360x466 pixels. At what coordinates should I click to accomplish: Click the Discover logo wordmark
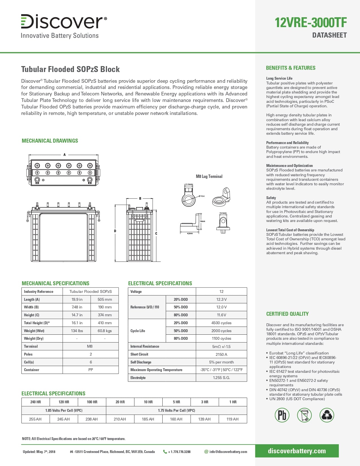coord(64,21)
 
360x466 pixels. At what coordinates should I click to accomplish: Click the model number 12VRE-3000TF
coord(311,23)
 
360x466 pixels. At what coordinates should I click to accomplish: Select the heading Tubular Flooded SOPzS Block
coord(70,69)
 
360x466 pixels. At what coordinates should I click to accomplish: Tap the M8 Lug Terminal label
coord(209,177)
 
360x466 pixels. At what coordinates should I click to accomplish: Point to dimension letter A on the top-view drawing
coord(64,155)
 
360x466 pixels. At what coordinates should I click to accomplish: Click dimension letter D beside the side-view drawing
coord(115,231)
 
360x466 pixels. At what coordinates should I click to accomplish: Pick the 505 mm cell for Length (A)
coord(104,299)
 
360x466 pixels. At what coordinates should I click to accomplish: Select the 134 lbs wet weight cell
coord(77,331)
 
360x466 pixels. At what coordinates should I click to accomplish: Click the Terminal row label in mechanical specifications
coord(31,346)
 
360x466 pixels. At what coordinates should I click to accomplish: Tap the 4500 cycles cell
coord(221,323)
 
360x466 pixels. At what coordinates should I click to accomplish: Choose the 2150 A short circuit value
coord(221,354)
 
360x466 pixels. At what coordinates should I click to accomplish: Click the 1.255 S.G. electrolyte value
coord(221,378)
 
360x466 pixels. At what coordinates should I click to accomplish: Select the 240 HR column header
coord(36,402)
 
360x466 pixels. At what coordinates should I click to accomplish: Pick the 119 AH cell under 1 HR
coord(233,419)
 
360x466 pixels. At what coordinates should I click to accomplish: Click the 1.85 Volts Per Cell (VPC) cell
coord(64,410)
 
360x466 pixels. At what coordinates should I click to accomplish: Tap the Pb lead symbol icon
coord(282,415)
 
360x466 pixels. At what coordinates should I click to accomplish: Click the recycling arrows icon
coord(327,415)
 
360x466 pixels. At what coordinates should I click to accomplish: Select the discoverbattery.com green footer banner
coord(297,451)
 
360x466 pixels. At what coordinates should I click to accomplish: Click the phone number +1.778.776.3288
coord(179,452)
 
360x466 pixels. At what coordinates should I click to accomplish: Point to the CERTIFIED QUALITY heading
coord(287,314)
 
